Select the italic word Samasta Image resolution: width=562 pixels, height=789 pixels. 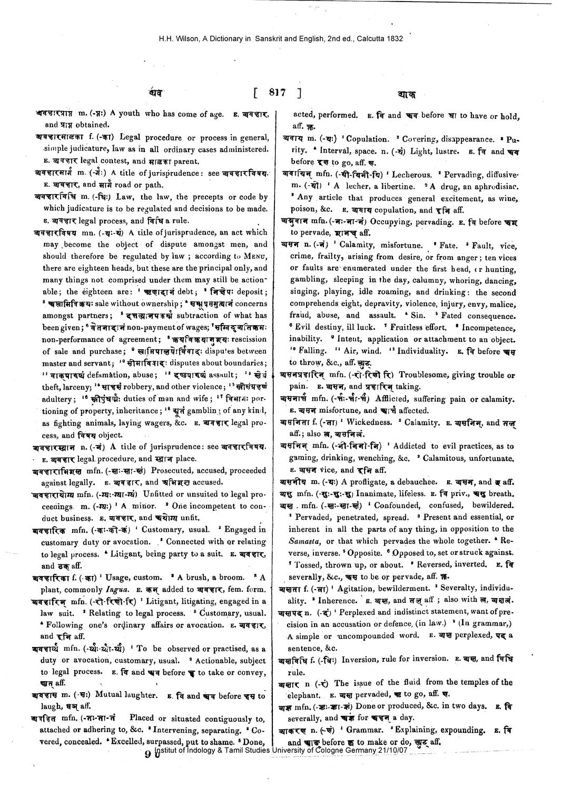pos(305,541)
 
